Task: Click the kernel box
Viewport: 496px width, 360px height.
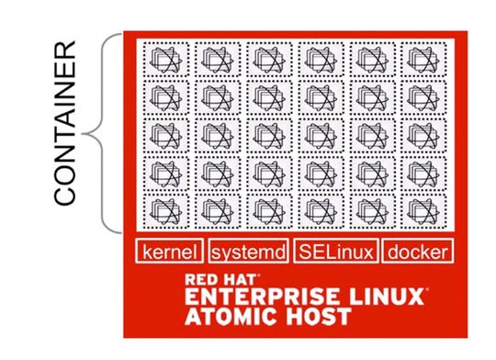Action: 170,251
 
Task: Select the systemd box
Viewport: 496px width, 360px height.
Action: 247,251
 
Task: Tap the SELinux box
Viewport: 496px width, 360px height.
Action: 333,251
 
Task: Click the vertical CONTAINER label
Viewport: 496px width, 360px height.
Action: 66,134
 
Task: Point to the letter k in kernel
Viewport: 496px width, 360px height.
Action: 147,251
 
